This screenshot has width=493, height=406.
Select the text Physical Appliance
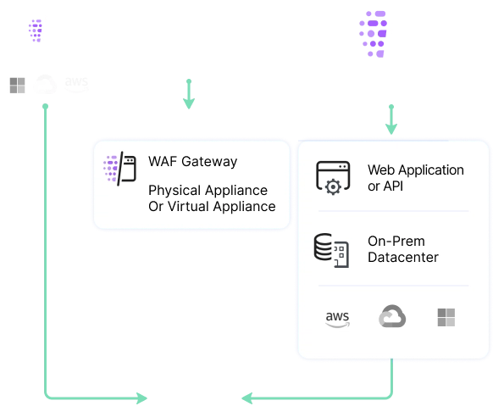(208, 191)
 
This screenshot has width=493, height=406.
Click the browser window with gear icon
(333, 177)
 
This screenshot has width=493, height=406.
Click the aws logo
(336, 318)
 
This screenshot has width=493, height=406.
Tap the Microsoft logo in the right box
(446, 318)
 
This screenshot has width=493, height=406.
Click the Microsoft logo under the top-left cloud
(18, 85)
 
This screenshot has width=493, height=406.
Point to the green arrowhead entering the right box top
(391, 128)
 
